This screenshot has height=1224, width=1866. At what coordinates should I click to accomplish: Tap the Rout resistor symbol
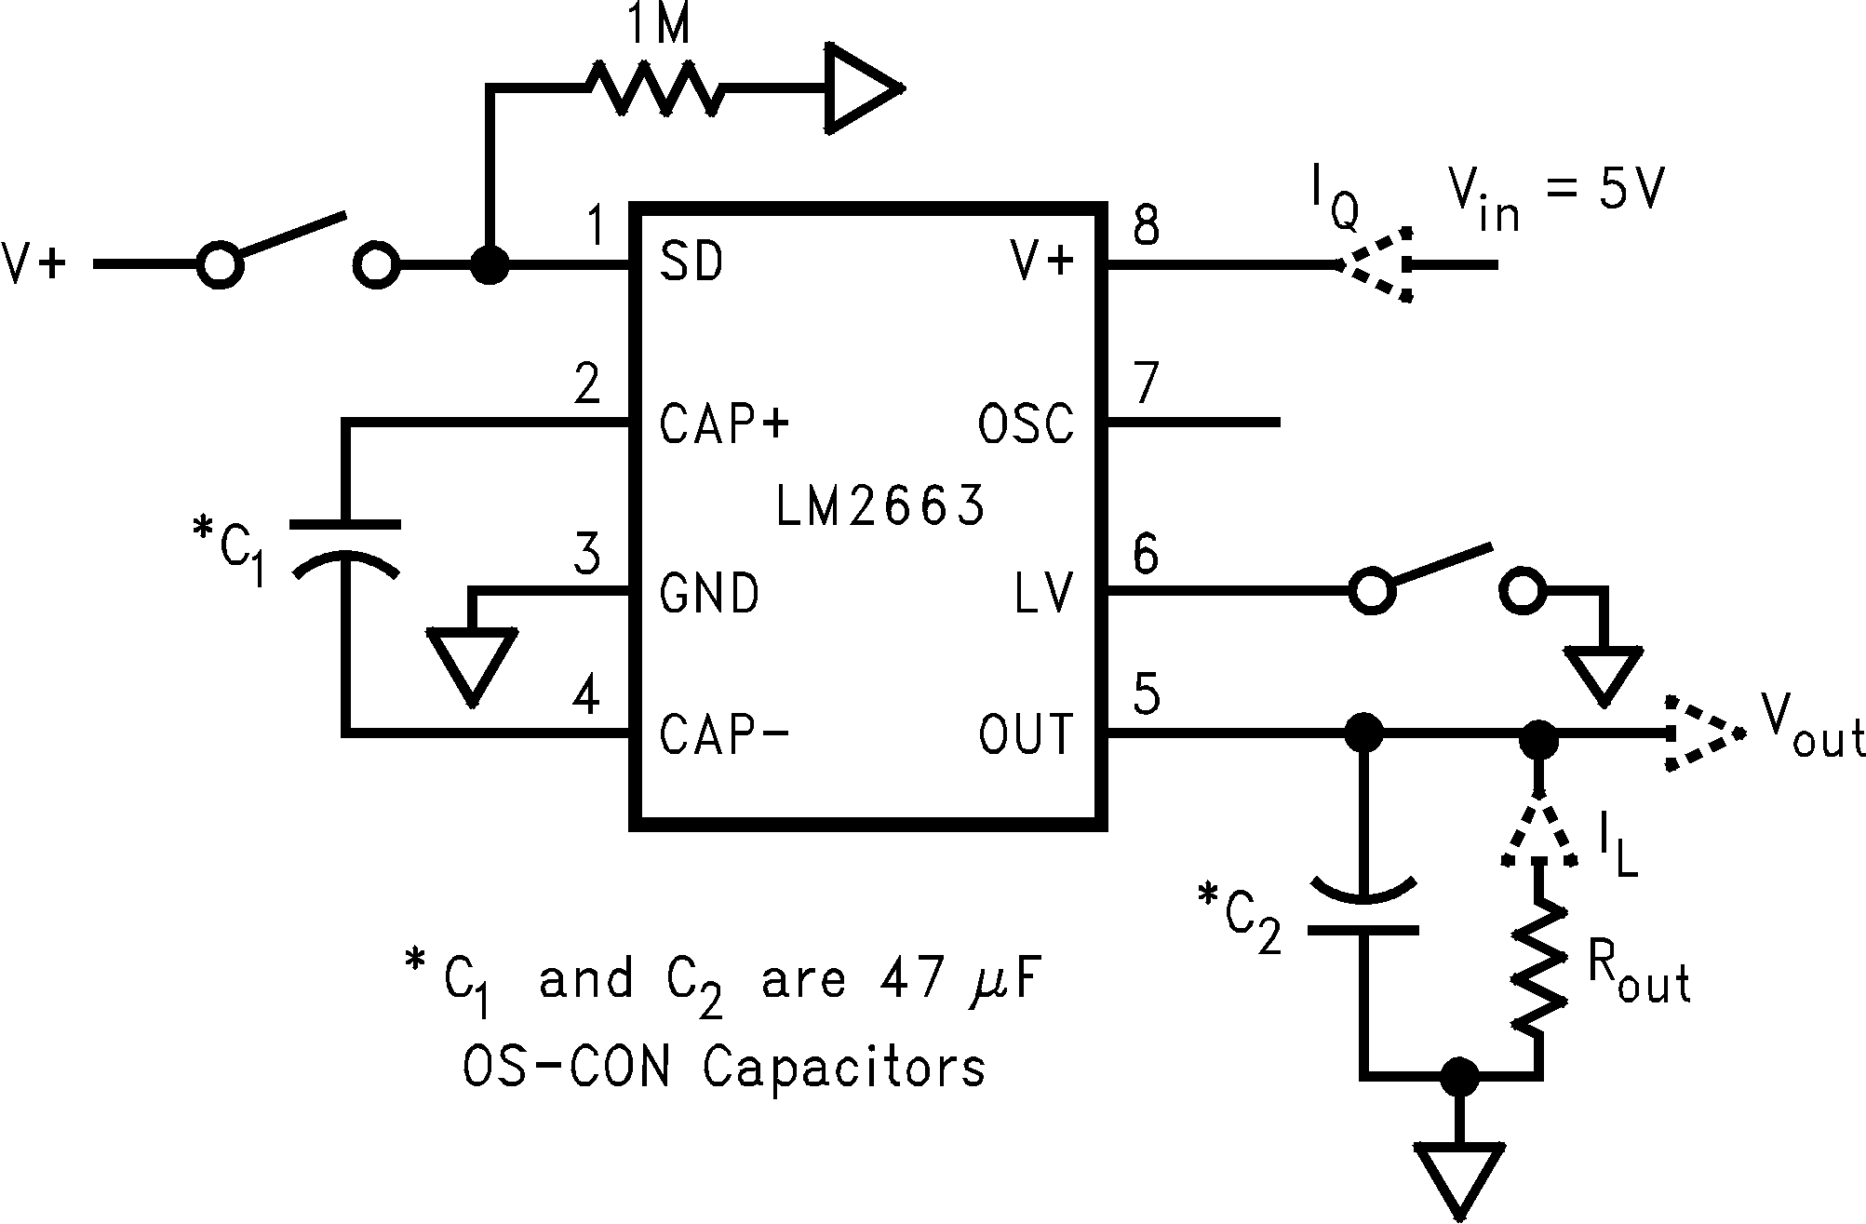point(1537,968)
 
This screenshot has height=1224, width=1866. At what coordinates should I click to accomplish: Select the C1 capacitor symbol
point(346,549)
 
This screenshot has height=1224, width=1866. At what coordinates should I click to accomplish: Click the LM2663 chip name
point(880,507)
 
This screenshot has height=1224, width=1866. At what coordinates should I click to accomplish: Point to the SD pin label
point(691,263)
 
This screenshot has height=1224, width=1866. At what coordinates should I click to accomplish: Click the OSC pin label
point(1026,424)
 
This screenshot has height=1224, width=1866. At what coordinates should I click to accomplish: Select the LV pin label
point(1044,592)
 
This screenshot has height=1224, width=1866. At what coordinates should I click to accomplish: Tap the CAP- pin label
point(724,734)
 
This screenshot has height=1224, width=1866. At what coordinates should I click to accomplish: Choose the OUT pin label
point(1026,734)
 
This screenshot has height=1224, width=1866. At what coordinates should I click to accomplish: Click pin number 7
point(1145,382)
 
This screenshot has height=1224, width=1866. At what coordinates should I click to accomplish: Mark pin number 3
point(586,554)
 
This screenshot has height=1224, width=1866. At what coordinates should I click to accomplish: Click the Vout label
point(1811,735)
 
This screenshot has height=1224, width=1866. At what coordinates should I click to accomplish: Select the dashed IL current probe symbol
point(1537,832)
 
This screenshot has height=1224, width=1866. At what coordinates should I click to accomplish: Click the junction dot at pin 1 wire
point(490,265)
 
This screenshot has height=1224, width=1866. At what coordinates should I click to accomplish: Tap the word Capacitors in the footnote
point(844,1068)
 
